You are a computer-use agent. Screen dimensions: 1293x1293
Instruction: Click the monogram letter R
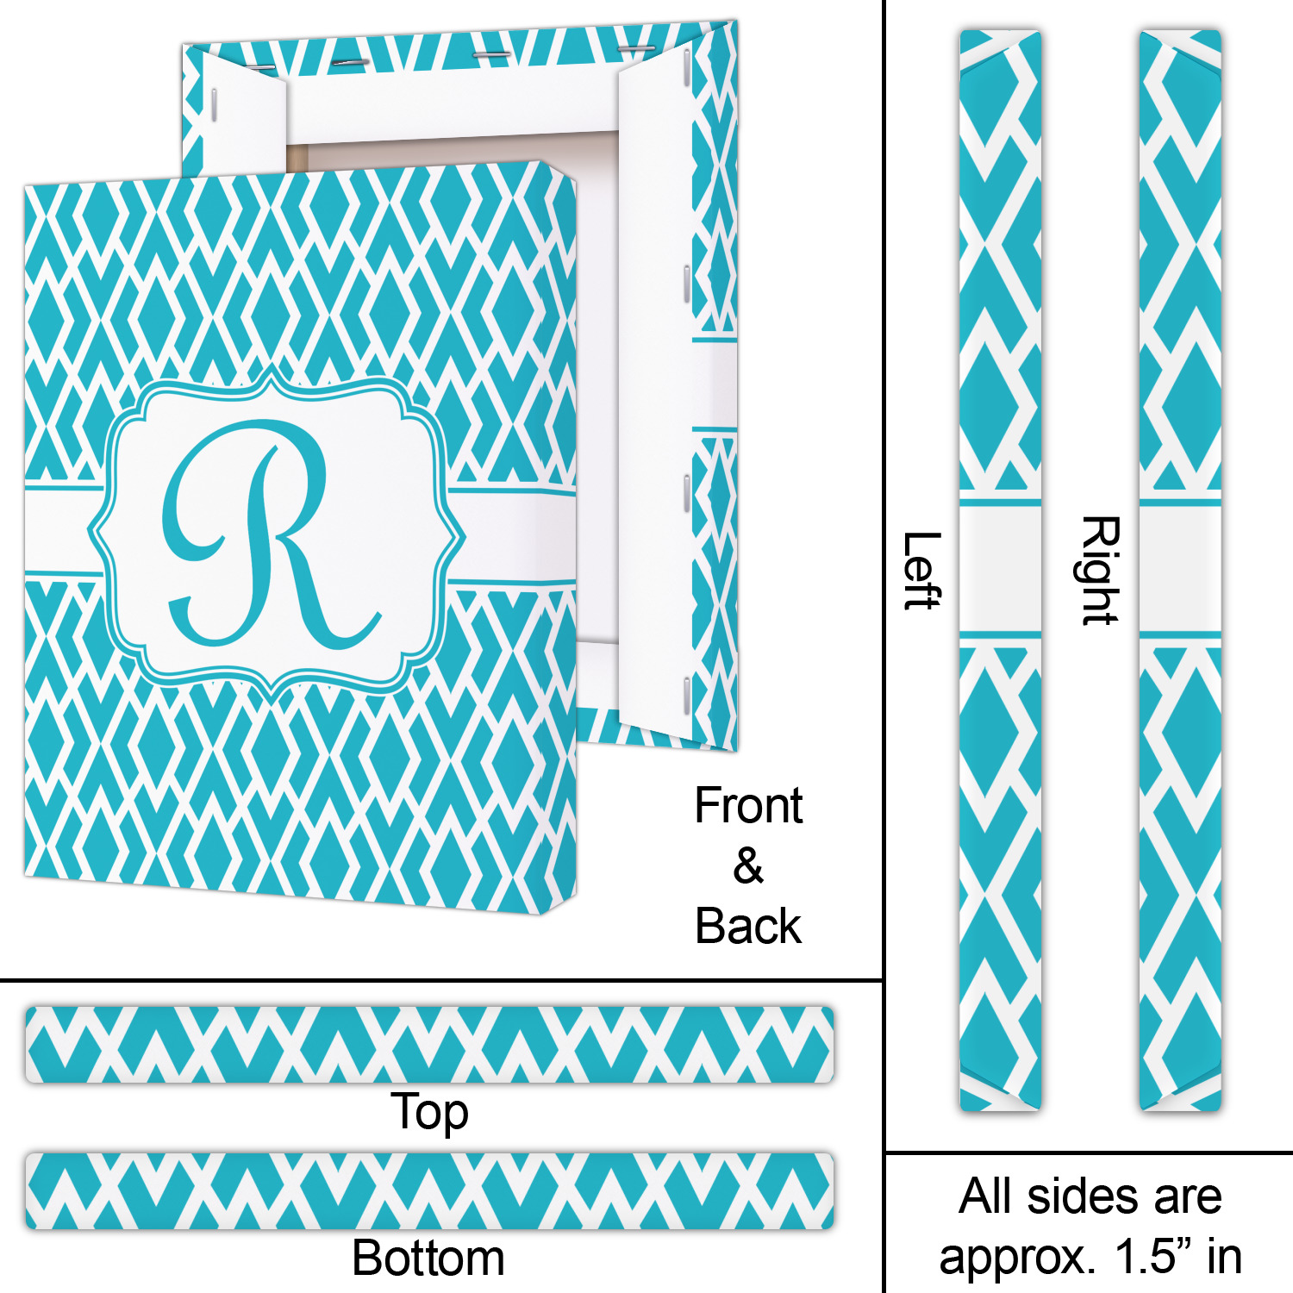click(x=267, y=534)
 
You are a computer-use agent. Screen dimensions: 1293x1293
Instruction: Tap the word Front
click(x=748, y=807)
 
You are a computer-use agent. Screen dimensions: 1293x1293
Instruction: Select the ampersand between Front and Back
click(x=748, y=866)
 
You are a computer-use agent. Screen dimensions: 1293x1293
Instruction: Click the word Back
click(x=748, y=927)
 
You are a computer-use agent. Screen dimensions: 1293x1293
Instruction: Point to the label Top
click(x=429, y=1112)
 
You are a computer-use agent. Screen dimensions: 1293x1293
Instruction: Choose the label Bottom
click(x=428, y=1258)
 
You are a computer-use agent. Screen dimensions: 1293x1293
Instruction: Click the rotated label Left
click(x=921, y=571)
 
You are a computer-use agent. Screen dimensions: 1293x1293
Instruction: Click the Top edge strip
click(x=429, y=1044)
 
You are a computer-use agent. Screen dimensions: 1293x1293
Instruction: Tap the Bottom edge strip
click(x=429, y=1190)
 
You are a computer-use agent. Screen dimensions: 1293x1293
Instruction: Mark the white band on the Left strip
click(x=1000, y=568)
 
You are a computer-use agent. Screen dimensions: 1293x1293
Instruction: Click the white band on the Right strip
click(x=1180, y=568)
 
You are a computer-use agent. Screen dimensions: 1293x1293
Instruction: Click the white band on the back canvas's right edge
click(x=715, y=384)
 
